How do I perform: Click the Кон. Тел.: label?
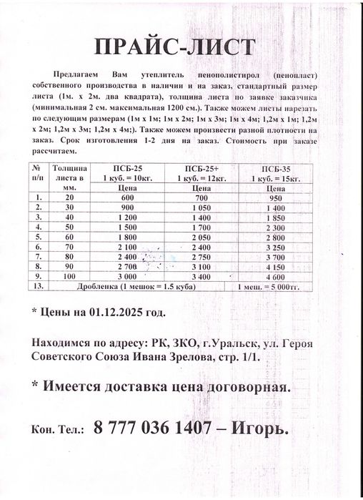click(x=56, y=431)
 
